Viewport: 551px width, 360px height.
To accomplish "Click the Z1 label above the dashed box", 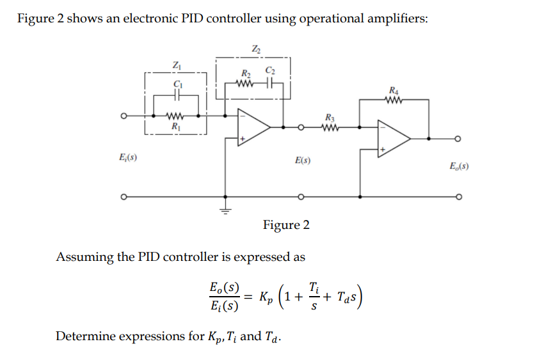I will pyautogui.click(x=176, y=64).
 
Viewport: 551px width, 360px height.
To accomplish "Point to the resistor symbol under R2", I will pyautogui.click(x=245, y=84).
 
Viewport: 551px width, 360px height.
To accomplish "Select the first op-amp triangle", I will pyautogui.click(x=253, y=126).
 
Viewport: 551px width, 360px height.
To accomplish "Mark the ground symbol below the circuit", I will pyautogui.click(x=225, y=208).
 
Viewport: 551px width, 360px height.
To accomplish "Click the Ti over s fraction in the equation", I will pyautogui.click(x=312, y=297).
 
